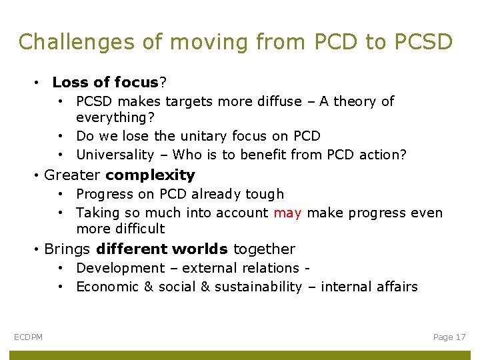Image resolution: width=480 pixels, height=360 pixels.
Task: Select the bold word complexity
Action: pos(150,175)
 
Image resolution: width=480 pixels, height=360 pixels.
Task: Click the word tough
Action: pos(265,194)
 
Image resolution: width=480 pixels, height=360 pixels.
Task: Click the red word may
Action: pos(287,213)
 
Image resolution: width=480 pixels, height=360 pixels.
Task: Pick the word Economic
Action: pos(107,287)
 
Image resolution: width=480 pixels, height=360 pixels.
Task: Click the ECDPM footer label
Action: pos(28,337)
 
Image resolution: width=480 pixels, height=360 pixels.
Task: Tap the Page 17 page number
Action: pos(449,337)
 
